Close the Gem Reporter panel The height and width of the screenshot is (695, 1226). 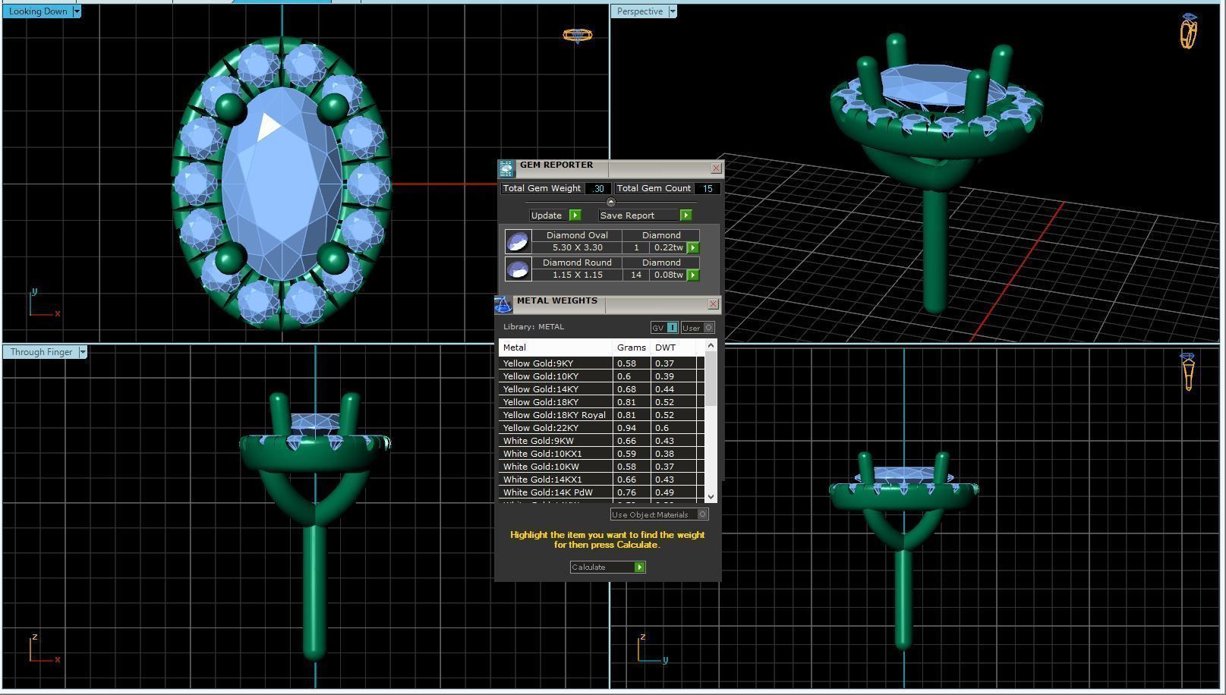[x=716, y=168]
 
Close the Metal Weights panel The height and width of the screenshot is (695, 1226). [x=713, y=304]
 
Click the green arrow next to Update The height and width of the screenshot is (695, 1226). [x=575, y=215]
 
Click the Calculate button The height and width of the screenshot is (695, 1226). [x=607, y=567]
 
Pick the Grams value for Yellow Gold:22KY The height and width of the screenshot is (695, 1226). [x=627, y=428]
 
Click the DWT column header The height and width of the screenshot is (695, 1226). [x=665, y=347]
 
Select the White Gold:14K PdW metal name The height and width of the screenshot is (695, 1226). [x=547, y=492]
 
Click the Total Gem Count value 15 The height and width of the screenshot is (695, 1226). [x=707, y=188]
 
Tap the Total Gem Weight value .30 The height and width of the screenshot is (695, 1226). [x=598, y=188]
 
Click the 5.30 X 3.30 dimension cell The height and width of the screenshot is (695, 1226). [x=577, y=247]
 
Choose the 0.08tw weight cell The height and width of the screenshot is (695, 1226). [x=668, y=275]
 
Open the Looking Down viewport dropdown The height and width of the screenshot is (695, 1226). [x=77, y=11]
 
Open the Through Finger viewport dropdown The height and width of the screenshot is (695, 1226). [x=83, y=352]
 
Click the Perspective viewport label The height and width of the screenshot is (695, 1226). [x=639, y=11]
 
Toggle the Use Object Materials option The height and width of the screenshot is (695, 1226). [x=702, y=514]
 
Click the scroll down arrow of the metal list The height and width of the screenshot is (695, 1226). [x=711, y=496]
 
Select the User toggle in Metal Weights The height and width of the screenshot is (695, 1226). [x=698, y=328]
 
